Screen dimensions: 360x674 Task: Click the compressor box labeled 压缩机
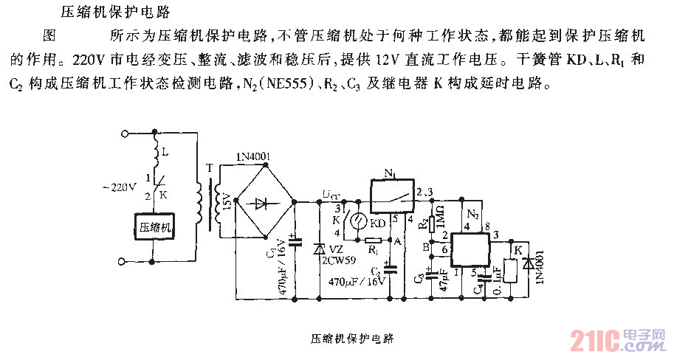click(x=155, y=228)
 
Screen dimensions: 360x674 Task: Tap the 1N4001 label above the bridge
click(x=253, y=157)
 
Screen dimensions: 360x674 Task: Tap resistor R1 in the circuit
click(x=374, y=240)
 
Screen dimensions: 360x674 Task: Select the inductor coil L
click(x=154, y=156)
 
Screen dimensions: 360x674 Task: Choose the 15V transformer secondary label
click(x=228, y=200)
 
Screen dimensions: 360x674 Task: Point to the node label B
click(x=427, y=249)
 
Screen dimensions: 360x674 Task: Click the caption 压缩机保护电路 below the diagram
click(x=350, y=339)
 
